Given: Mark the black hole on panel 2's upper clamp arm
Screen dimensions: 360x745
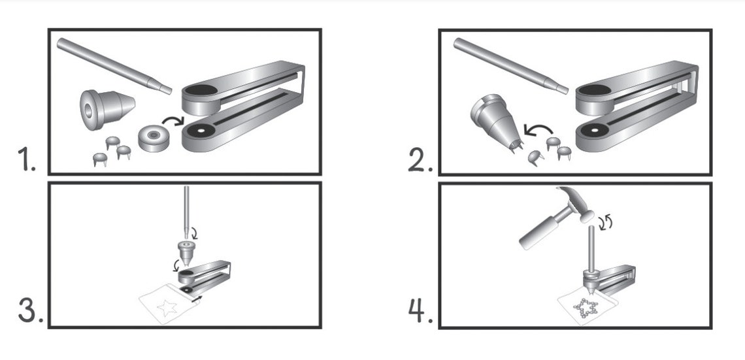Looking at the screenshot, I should tap(595, 91).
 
